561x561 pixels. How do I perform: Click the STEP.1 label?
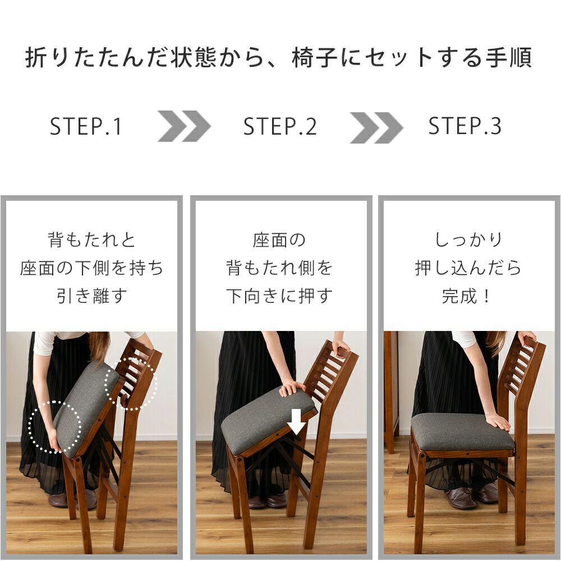pyautogui.click(x=86, y=126)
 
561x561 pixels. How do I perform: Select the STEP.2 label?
pyautogui.click(x=280, y=126)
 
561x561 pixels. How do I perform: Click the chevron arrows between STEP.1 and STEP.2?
pyautogui.click(x=184, y=126)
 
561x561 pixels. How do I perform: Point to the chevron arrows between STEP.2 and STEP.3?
pyautogui.click(x=376, y=127)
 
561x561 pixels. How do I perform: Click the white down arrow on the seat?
pyautogui.click(x=297, y=421)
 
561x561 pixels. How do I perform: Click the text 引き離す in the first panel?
pyautogui.click(x=92, y=296)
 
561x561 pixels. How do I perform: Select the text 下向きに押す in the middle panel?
pyautogui.click(x=279, y=296)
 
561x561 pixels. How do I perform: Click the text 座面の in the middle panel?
pyautogui.click(x=279, y=240)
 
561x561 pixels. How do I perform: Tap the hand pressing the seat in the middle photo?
pyautogui.click(x=292, y=388)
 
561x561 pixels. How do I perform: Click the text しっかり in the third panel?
pyautogui.click(x=468, y=240)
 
